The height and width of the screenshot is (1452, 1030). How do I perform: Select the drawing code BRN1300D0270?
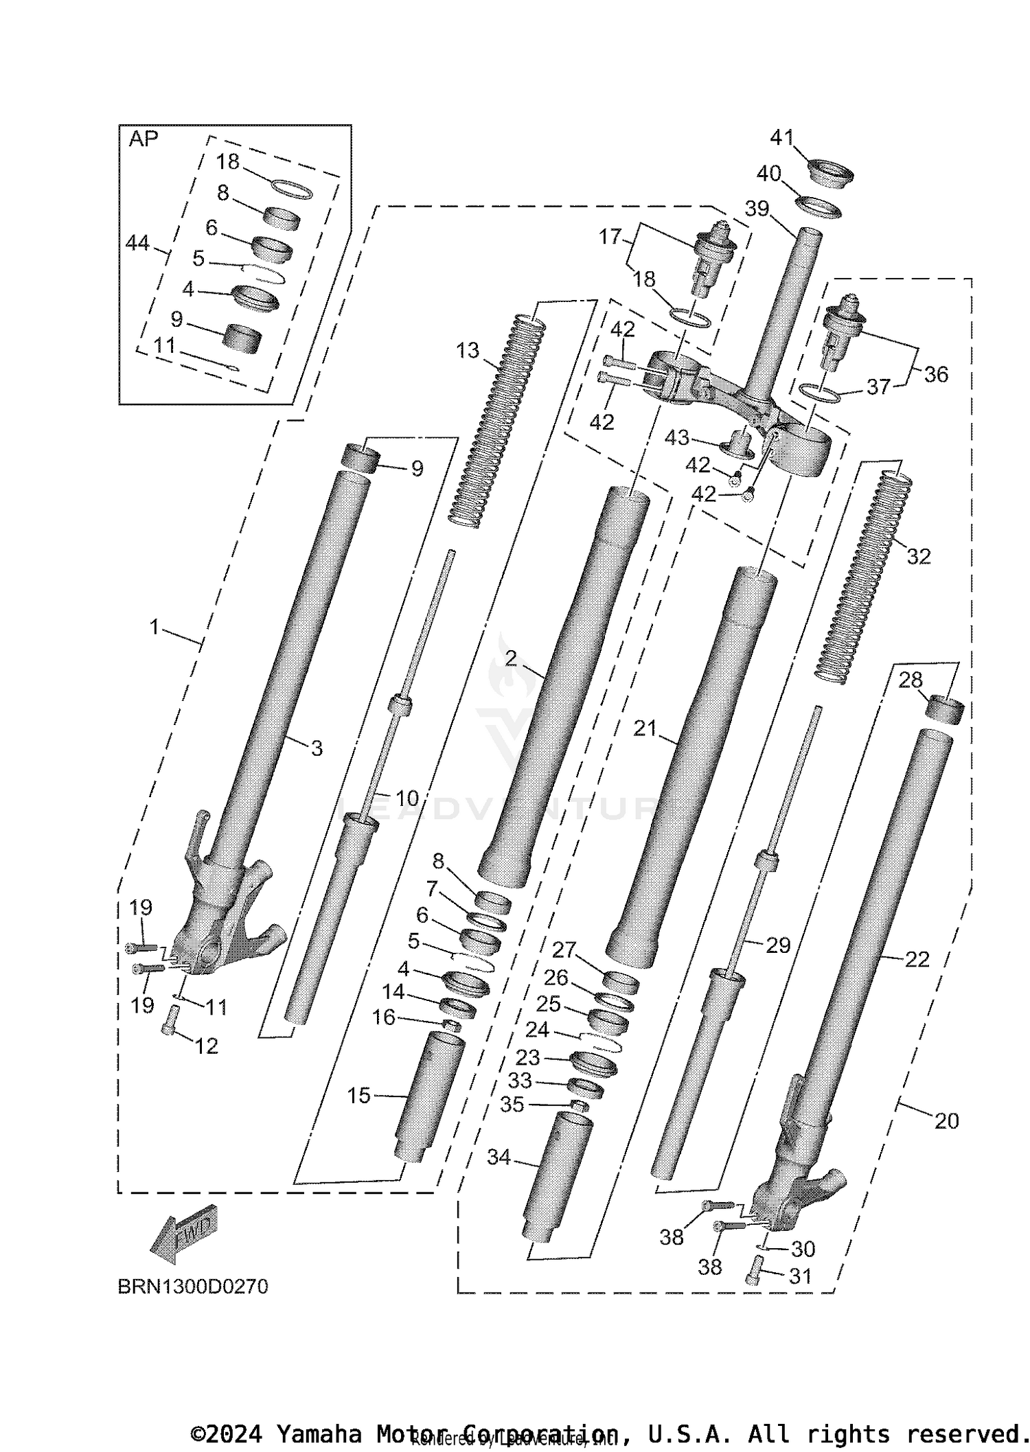click(x=193, y=1287)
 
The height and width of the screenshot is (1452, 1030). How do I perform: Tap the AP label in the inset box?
click(x=144, y=139)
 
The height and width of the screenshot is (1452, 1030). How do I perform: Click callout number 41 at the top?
click(x=782, y=138)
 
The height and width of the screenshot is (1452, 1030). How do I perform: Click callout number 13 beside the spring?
click(x=468, y=351)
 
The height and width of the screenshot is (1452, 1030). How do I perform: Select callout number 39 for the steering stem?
click(x=757, y=209)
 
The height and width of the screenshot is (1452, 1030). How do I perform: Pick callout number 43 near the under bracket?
click(x=676, y=437)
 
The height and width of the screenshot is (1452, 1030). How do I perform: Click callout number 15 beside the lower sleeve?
click(x=358, y=1096)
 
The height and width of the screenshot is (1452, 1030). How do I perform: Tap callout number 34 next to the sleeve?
click(x=499, y=1157)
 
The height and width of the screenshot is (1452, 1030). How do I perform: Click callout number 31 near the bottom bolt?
click(x=801, y=1276)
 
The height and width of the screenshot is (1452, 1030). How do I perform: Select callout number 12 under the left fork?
click(x=206, y=1046)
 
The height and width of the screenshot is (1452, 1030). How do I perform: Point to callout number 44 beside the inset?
click(x=138, y=243)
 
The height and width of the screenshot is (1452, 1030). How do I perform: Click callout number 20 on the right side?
click(x=946, y=1121)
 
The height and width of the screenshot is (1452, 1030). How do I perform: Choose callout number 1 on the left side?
click(x=154, y=627)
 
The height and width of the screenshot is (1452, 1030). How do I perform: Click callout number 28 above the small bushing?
click(x=911, y=680)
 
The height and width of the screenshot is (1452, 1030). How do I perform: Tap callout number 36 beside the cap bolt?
click(x=936, y=374)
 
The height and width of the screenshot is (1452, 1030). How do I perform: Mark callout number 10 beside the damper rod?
click(x=407, y=798)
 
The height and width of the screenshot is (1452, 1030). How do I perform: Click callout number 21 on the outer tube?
click(x=645, y=728)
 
